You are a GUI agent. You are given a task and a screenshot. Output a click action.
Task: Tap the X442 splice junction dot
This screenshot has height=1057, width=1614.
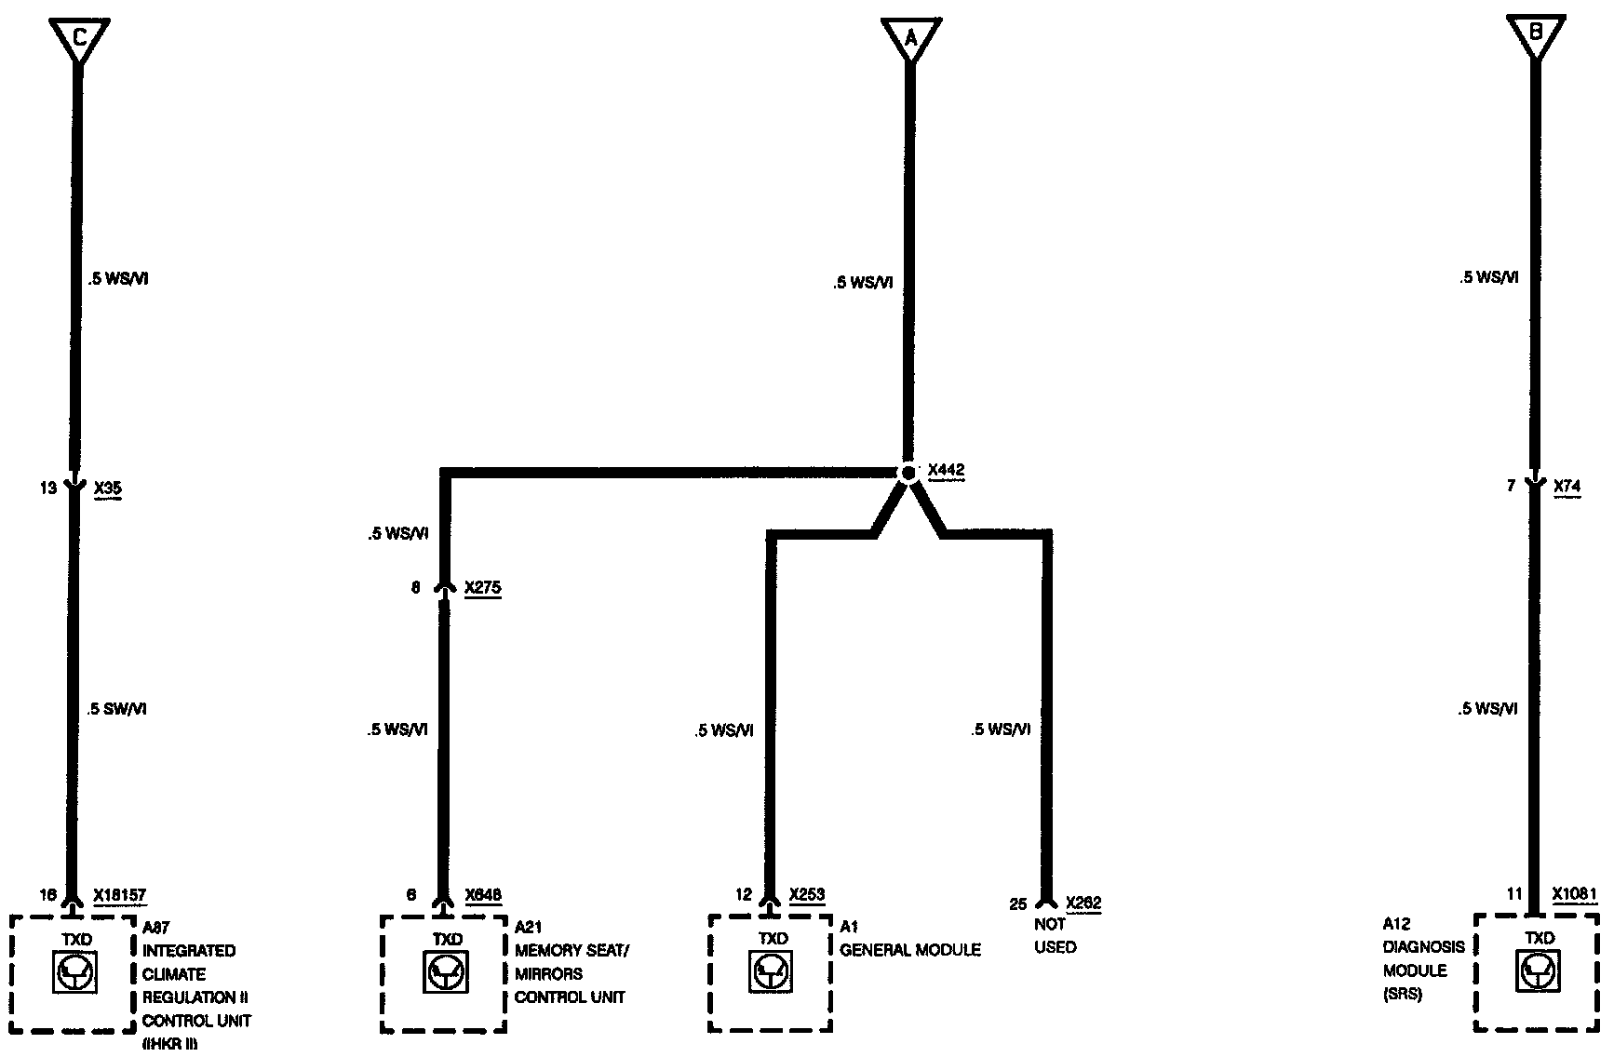tap(908, 473)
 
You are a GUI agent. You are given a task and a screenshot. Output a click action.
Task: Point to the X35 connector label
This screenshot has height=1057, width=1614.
tap(108, 488)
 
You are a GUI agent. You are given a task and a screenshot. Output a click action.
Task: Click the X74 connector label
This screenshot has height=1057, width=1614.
tap(1567, 486)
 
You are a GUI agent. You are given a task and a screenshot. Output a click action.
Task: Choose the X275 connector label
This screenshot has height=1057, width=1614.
tap(482, 588)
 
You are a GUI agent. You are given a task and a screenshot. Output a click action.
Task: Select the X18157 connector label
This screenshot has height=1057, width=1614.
tap(119, 896)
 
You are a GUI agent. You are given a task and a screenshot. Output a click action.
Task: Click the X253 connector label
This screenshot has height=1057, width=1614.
tap(807, 895)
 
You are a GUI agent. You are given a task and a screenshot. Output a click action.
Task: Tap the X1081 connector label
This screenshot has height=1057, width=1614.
tap(1575, 894)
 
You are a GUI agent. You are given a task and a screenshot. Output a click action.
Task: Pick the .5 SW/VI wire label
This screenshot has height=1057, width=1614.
tap(117, 709)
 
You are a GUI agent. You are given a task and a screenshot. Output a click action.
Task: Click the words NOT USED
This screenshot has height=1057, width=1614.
tap(1056, 936)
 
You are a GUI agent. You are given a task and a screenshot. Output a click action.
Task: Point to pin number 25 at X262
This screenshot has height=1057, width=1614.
tap(1018, 904)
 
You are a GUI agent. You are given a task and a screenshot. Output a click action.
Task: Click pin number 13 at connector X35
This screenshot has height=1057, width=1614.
tap(48, 488)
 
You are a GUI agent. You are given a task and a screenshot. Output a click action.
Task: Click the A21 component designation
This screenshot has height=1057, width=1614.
tap(529, 927)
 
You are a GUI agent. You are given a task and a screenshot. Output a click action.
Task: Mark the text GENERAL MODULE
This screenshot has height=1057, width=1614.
tap(910, 950)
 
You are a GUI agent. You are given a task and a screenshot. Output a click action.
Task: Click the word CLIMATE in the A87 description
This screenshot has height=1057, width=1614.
tap(174, 974)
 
